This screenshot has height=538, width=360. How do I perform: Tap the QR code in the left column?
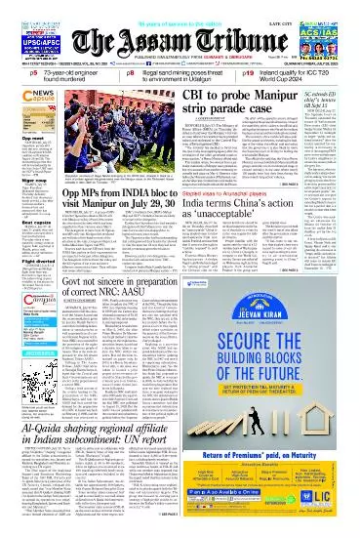(23, 357)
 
